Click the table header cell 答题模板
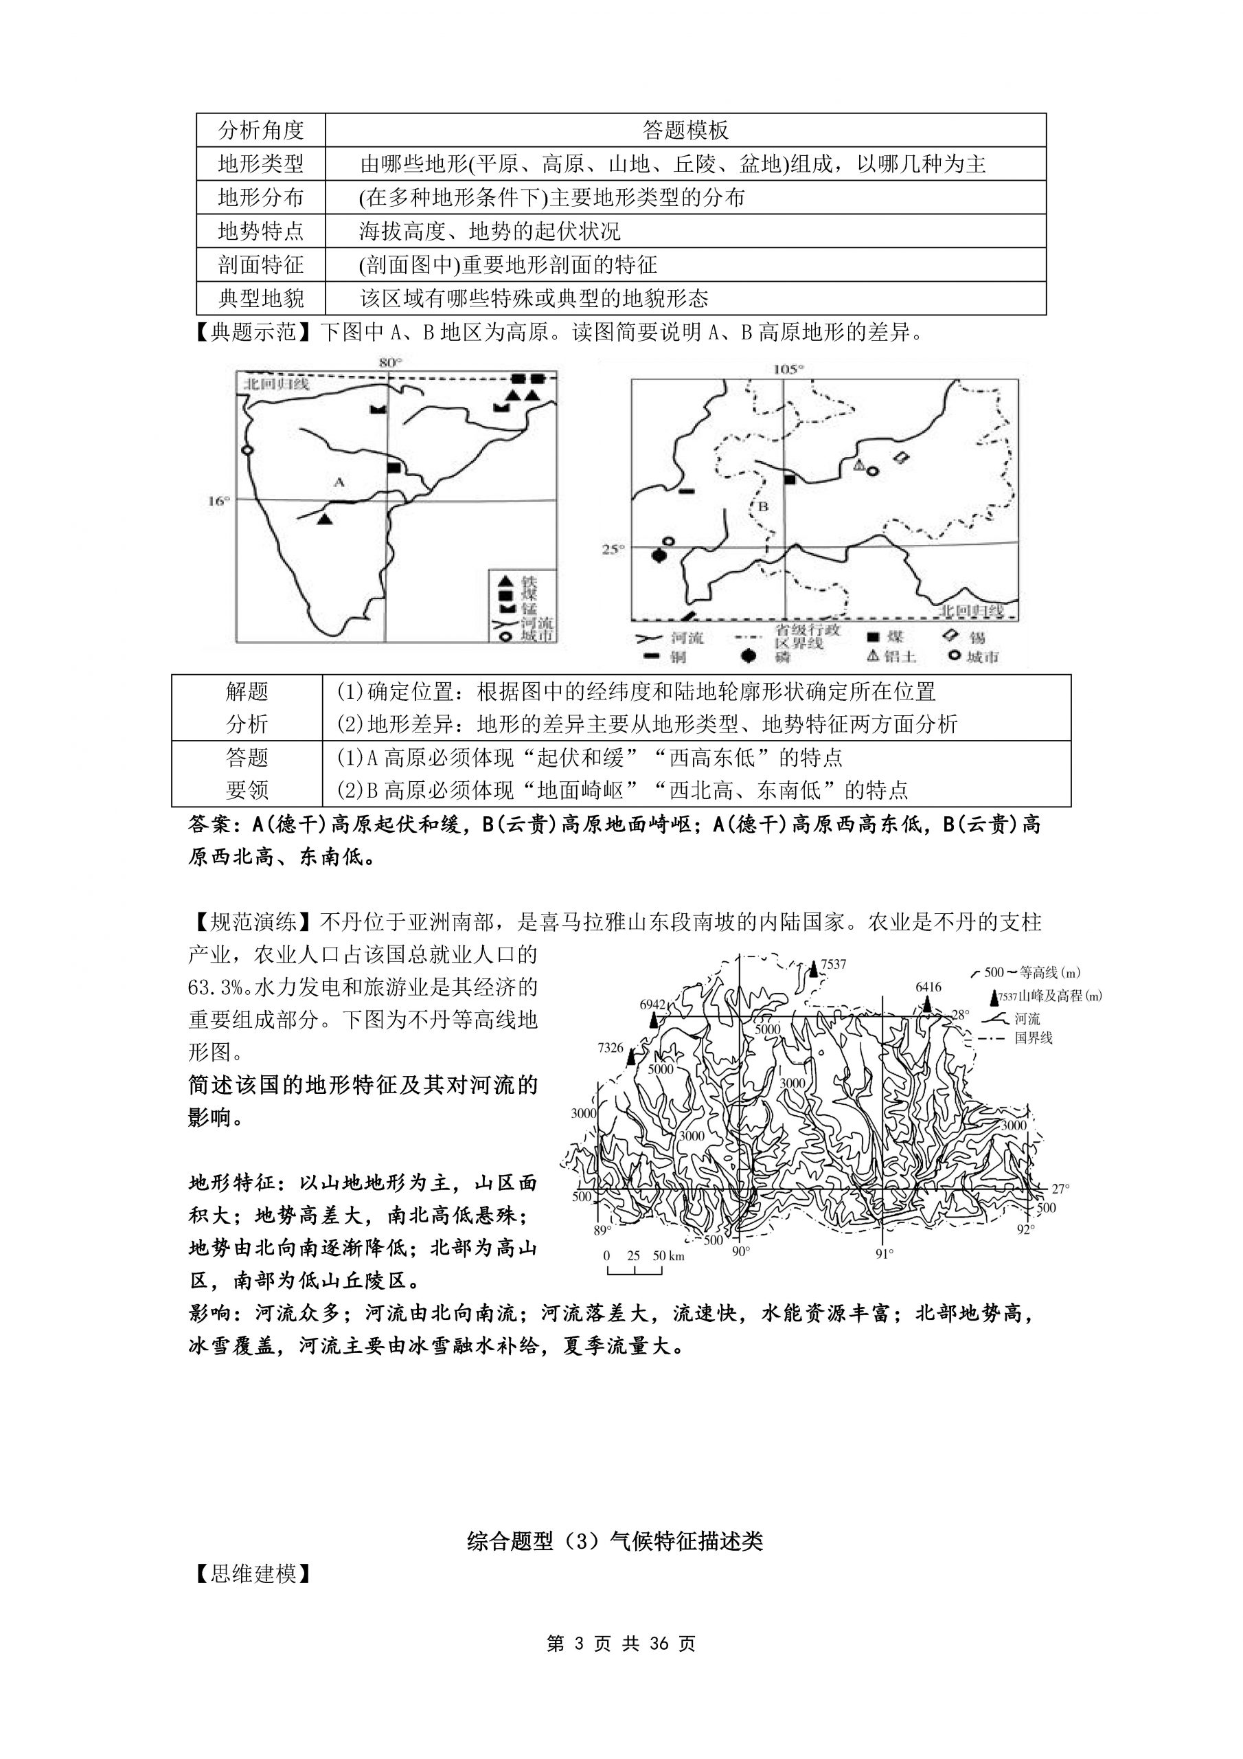[685, 131]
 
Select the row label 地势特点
[260, 231]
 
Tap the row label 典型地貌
[260, 298]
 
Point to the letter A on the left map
[339, 482]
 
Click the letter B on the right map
[763, 506]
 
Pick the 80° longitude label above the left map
[391, 362]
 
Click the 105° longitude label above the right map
[788, 368]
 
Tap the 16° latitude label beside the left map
[218, 501]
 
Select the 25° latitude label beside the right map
[613, 548]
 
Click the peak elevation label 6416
[928, 987]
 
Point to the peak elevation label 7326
[611, 1047]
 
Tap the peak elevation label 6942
[652, 1005]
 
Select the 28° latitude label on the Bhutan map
[960, 1014]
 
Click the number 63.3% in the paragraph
[220, 987]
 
